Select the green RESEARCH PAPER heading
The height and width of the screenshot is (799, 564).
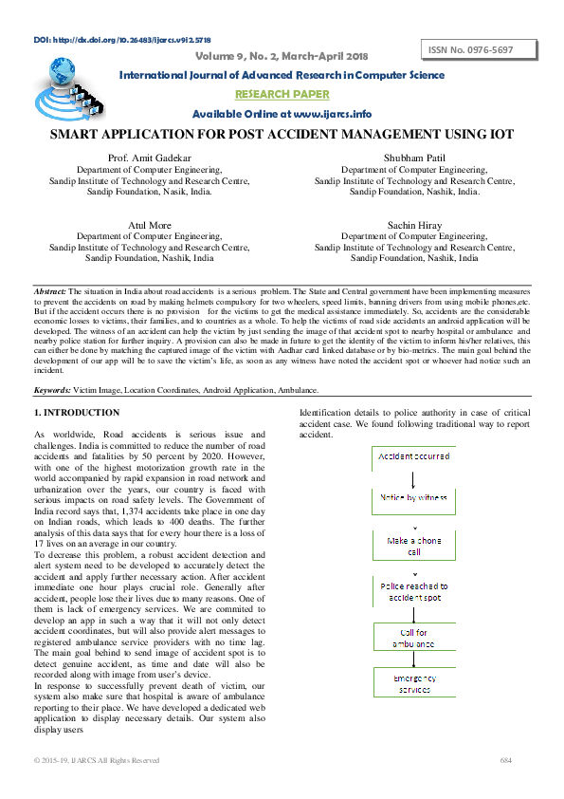282,94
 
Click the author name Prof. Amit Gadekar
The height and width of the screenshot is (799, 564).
150,158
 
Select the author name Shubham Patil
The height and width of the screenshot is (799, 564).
414,158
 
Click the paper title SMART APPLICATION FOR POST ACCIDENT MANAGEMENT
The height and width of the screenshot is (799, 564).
282,135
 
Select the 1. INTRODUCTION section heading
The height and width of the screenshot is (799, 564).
77,413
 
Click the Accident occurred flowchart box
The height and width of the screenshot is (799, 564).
413,457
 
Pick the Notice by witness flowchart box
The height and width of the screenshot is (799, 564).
413,497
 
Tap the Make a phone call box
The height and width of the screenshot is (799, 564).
413,546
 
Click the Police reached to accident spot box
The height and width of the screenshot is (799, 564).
413,591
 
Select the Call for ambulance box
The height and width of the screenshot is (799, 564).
413,637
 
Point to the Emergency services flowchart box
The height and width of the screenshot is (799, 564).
413,683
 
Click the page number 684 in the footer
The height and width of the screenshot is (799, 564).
505,760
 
